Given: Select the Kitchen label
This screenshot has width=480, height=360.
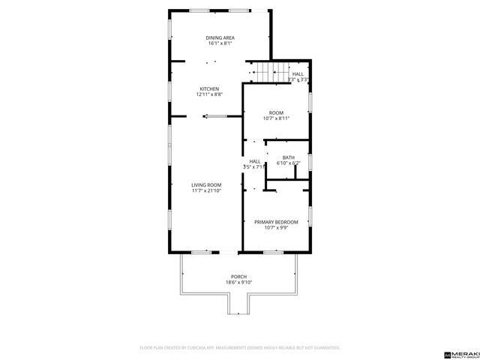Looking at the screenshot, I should click(208, 88).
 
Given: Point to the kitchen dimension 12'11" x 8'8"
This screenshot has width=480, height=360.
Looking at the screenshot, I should click(208, 94).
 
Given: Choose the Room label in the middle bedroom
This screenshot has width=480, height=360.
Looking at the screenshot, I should click(276, 112).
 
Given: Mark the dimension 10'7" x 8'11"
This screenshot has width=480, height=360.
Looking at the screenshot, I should click(276, 118).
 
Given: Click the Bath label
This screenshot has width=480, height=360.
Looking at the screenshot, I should click(288, 157).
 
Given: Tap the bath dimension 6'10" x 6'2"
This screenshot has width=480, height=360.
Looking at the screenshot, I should click(288, 163).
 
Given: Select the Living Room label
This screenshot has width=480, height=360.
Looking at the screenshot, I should click(205, 184).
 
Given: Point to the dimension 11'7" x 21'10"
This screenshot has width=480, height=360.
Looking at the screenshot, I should click(205, 190).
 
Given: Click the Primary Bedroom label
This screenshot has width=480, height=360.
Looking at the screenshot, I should click(276, 222).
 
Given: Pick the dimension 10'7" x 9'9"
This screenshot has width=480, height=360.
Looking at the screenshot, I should click(276, 228).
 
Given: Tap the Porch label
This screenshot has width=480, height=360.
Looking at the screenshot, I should click(238, 276).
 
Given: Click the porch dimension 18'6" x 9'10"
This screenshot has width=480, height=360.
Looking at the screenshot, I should click(238, 282).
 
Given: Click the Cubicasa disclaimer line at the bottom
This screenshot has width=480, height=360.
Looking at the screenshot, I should click(240, 348).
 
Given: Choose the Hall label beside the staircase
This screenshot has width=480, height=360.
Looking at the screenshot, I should click(298, 73).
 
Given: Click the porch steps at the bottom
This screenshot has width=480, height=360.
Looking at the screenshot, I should click(239, 306).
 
